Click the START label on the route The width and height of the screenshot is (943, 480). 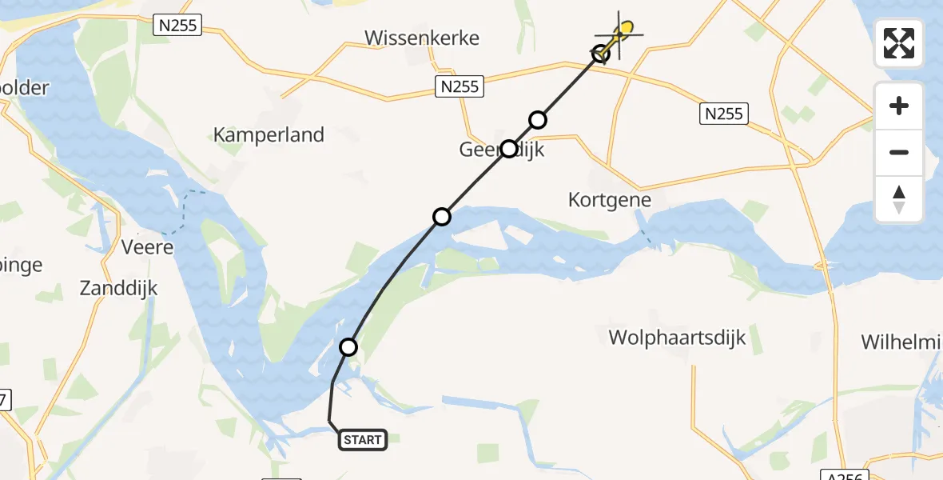click(x=363, y=439)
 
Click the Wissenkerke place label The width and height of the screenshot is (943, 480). click(x=421, y=38)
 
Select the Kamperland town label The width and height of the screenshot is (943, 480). click(x=269, y=134)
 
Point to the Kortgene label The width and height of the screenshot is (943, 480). click(x=610, y=199)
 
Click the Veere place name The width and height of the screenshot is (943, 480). click(x=147, y=247)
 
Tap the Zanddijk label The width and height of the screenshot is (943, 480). click(x=118, y=289)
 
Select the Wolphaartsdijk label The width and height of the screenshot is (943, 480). click(x=677, y=338)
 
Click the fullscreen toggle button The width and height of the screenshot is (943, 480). click(x=899, y=43)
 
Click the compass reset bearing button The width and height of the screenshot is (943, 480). click(x=899, y=198)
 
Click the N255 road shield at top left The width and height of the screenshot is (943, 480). click(x=177, y=26)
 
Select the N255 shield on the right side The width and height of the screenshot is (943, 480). click(x=724, y=114)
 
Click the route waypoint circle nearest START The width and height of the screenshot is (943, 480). click(x=348, y=347)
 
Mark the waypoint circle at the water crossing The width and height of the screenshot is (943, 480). click(x=442, y=217)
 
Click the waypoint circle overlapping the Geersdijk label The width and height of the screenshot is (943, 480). click(x=509, y=149)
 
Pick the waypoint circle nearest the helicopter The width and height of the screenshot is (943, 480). click(x=601, y=54)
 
